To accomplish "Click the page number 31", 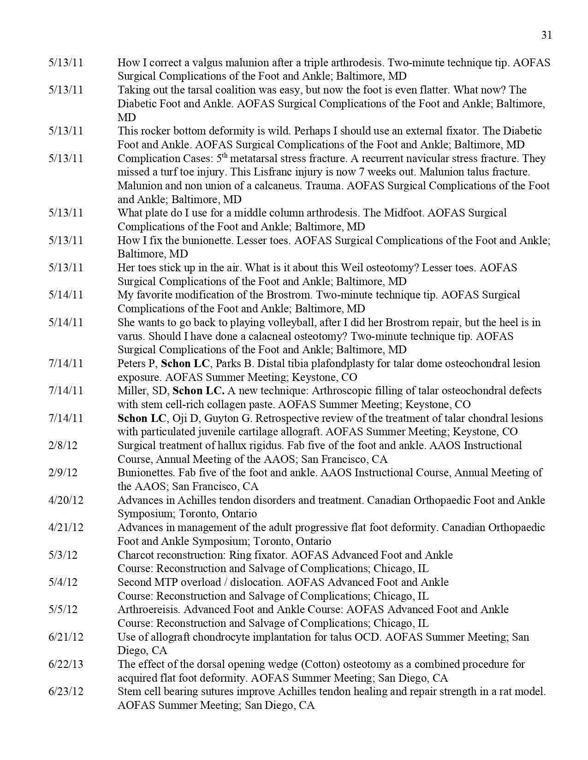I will [x=546, y=35].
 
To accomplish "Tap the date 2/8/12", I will [x=63, y=445].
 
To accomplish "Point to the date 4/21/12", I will [x=65, y=527].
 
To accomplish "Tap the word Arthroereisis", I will [x=149, y=609].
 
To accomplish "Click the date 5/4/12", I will [x=63, y=582].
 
